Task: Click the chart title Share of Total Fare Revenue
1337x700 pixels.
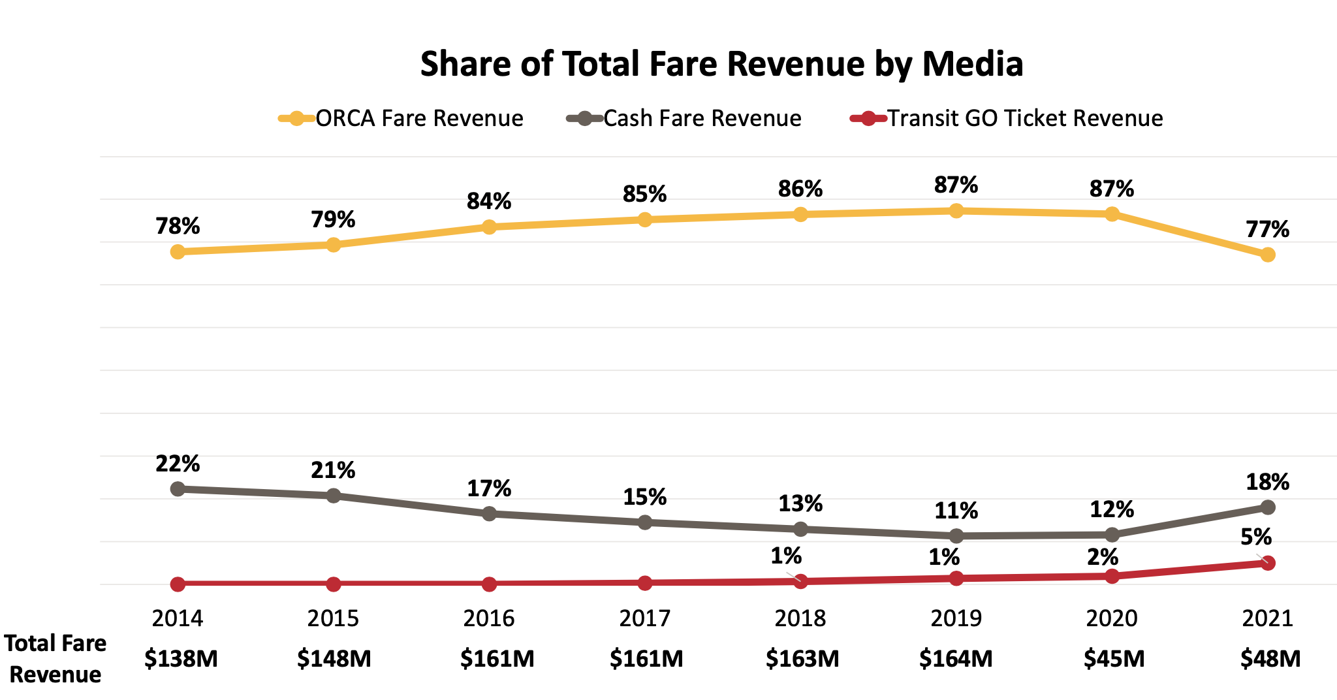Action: (721, 64)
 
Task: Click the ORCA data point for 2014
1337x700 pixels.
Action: (178, 251)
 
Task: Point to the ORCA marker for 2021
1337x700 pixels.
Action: (1267, 255)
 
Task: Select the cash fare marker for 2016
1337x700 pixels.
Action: (489, 514)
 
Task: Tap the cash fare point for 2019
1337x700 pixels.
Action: (956, 536)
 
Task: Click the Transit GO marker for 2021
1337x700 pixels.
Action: (1267, 563)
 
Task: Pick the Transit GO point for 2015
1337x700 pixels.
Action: (333, 584)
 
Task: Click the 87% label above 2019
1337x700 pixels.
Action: (956, 185)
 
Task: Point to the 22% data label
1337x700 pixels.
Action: (178, 464)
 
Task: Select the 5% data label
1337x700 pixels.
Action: (1256, 537)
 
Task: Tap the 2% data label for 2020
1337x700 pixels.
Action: (1103, 557)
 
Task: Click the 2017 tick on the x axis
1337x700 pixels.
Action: (644, 618)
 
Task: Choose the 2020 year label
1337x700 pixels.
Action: (1112, 618)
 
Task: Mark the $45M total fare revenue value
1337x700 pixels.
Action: (1114, 659)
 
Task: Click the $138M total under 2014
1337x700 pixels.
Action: (181, 659)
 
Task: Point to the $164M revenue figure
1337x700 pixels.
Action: (956, 659)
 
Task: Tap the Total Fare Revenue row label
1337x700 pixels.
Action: (55, 658)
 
